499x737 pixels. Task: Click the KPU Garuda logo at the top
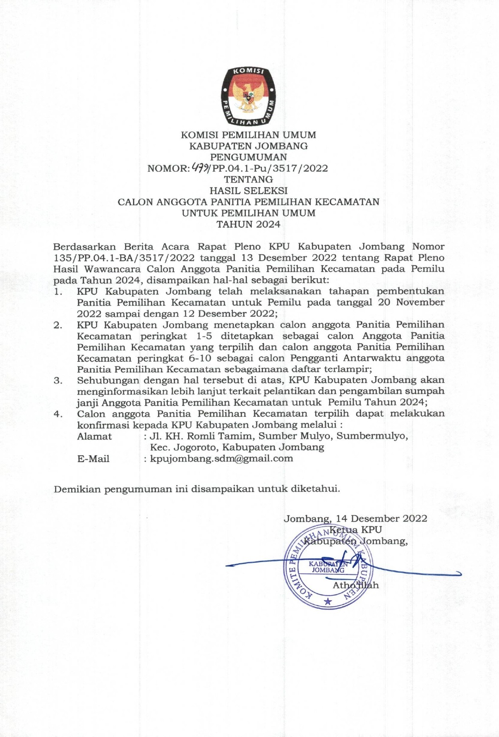pos(249,96)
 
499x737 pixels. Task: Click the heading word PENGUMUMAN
pos(248,157)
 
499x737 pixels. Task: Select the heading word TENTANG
pos(248,179)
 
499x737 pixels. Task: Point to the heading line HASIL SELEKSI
pos(248,191)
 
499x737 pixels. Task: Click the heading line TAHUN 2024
pos(248,224)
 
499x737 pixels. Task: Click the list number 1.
pos(58,292)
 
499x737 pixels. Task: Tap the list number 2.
pos(58,325)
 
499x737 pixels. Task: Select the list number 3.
pos(58,380)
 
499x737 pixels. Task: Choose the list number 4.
pos(58,414)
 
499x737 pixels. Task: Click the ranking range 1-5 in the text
pos(204,336)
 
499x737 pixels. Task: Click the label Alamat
pos(94,436)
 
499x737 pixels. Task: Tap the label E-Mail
pos(93,459)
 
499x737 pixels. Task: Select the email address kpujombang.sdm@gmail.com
pos(221,459)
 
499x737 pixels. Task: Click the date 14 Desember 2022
pos(381,518)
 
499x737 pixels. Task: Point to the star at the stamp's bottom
pos(328,602)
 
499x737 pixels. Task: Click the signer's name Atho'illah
pos(356,585)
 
